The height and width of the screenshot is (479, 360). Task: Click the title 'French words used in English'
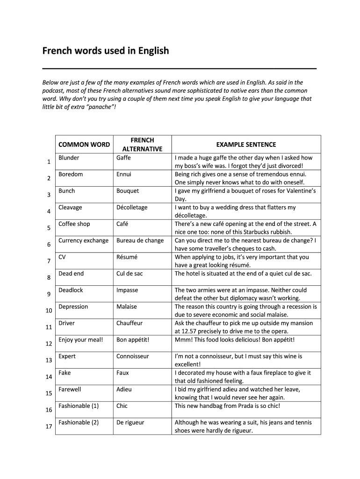106,51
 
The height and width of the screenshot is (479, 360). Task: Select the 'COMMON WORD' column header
84,145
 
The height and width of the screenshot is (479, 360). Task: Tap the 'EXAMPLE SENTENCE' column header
246,145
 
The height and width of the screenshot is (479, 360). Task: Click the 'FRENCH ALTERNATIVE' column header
142,145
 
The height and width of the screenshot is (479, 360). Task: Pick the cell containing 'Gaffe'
123,158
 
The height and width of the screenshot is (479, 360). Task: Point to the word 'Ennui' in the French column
123,174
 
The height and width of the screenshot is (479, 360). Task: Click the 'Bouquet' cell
127,191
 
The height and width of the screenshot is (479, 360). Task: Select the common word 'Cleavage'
70,207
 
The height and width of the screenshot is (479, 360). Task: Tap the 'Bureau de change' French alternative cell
140,240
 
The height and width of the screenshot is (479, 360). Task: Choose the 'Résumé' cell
127,257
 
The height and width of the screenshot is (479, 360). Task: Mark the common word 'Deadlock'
71,290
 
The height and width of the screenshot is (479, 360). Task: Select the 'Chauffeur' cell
129,323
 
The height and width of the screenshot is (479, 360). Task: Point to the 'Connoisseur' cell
132,356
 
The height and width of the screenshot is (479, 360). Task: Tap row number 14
49,377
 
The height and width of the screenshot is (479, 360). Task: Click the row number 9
49,294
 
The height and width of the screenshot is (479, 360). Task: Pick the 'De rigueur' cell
130,422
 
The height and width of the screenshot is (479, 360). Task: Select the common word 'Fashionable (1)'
79,406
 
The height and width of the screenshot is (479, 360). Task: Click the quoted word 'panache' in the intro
99,107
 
